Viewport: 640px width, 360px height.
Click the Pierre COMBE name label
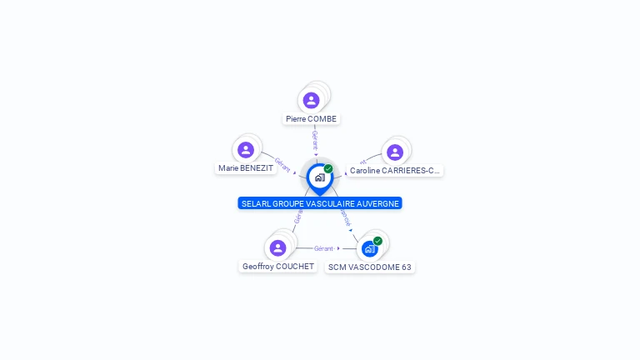coord(311,119)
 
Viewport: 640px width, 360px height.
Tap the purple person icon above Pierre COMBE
coord(311,101)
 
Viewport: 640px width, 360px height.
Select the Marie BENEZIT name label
coord(245,168)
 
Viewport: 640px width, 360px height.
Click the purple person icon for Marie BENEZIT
coord(245,150)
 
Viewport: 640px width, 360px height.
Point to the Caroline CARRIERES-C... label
coord(394,171)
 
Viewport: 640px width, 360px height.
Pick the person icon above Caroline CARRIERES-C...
coord(395,152)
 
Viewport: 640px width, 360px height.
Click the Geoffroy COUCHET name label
coord(278,267)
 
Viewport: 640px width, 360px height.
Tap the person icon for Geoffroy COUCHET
coord(278,248)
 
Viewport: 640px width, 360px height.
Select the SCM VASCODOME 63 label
coord(370,267)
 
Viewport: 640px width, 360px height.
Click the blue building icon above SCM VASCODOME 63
coord(369,248)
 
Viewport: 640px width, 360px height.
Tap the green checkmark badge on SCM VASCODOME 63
coord(377,241)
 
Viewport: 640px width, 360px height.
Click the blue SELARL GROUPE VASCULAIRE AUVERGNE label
coord(320,203)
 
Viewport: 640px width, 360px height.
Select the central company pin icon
coord(319,177)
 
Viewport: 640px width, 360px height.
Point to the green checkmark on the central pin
coord(328,169)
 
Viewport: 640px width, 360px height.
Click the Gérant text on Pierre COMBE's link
coord(314,139)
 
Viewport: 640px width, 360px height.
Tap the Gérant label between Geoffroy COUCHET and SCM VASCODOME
coord(323,248)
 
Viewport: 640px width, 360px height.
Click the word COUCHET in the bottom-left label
coord(297,267)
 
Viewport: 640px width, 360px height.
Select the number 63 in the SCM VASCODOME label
coord(406,267)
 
